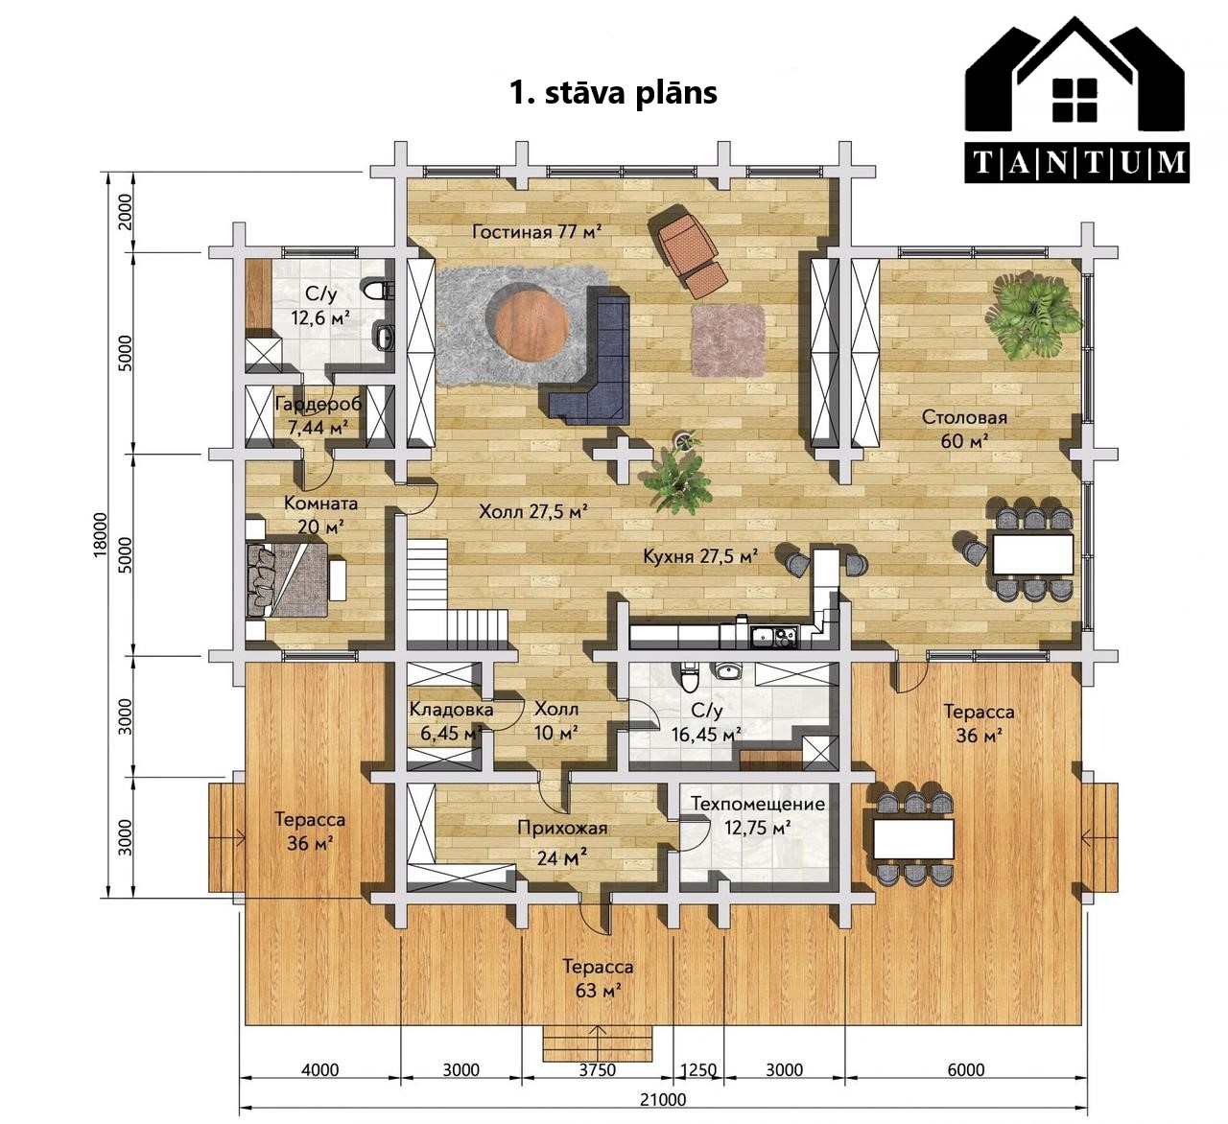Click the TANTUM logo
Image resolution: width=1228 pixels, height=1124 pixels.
click(x=1076, y=100)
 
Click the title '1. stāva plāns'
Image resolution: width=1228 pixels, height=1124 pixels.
click(x=613, y=93)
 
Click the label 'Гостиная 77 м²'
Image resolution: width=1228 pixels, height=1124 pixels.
click(x=537, y=231)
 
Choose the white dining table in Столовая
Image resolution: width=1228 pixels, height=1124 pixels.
click(x=1032, y=553)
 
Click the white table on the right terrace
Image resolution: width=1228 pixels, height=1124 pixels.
click(x=913, y=839)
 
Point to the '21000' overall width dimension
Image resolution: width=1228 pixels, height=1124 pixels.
click(x=663, y=1099)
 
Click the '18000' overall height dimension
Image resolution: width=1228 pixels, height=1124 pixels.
click(x=101, y=535)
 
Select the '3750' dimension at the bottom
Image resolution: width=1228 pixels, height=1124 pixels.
click(x=597, y=1069)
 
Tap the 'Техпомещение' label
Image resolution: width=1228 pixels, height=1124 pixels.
click(x=758, y=804)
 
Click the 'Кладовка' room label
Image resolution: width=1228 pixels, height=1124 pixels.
click(x=451, y=709)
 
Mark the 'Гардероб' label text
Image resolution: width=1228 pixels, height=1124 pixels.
click(x=319, y=404)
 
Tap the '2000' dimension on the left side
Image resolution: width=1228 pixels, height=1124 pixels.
click(x=125, y=211)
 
